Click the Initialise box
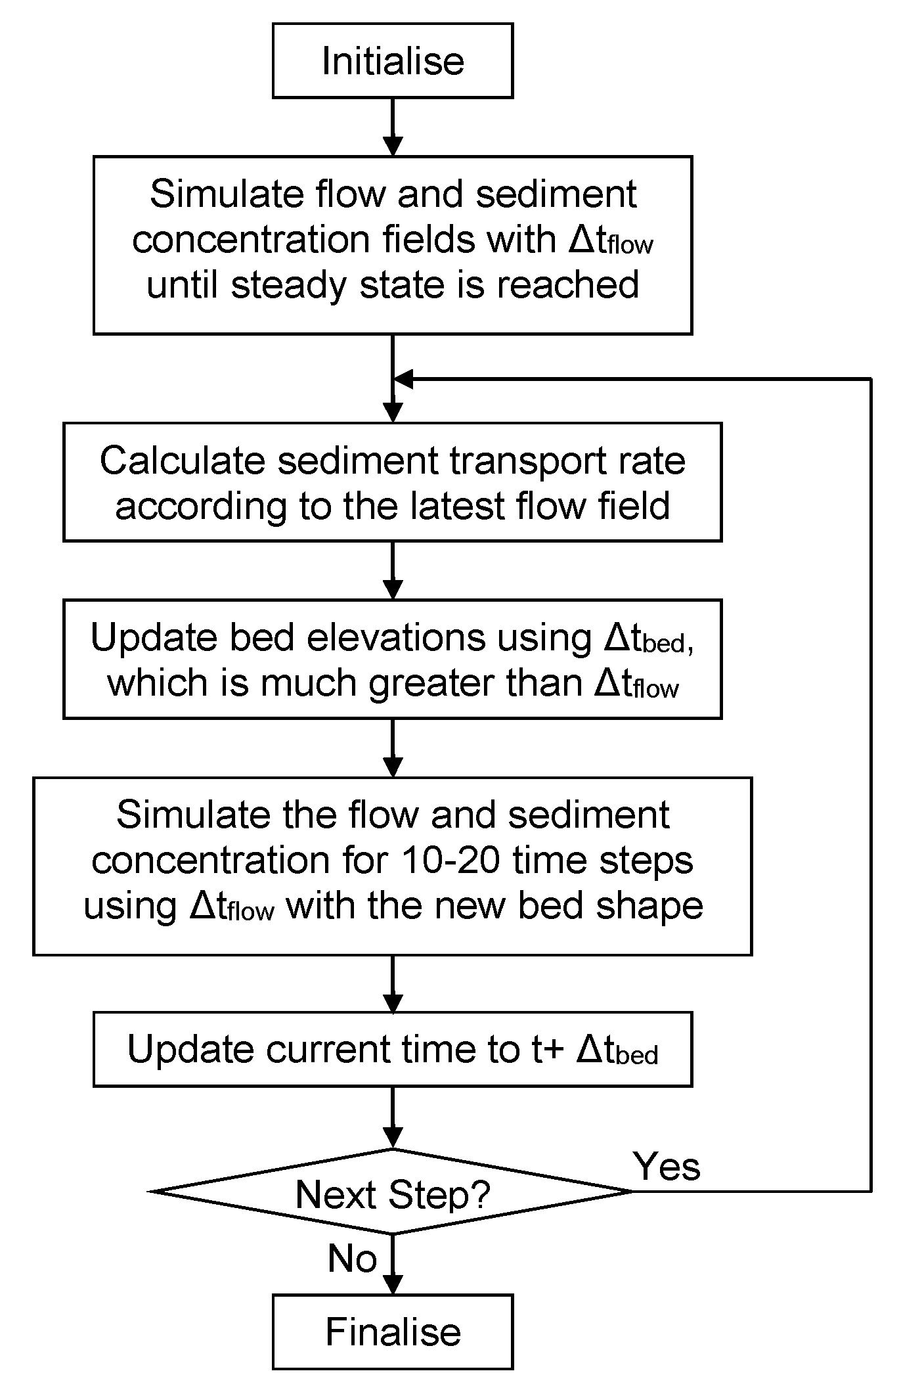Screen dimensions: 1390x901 pos(393,61)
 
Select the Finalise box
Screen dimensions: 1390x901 pos(393,1332)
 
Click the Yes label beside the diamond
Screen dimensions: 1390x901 pos(667,1167)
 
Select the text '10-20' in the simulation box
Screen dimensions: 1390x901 pos(452,860)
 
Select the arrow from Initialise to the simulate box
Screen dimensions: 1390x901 pos(393,127)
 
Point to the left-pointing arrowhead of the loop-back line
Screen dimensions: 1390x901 pos(402,379)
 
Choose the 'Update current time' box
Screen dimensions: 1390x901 pos(393,1049)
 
